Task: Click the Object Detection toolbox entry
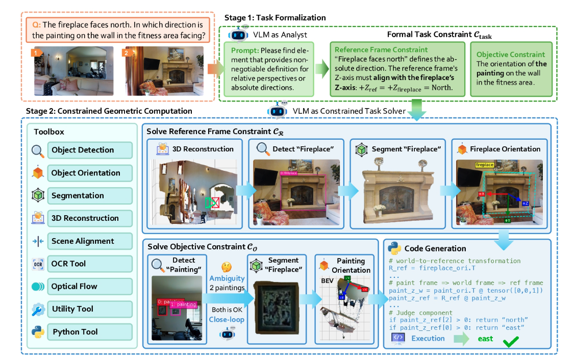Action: [82, 150]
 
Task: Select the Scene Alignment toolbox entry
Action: [82, 241]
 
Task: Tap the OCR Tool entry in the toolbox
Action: [68, 264]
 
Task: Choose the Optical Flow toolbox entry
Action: [74, 287]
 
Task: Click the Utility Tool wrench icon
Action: [38, 309]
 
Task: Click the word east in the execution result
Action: [485, 339]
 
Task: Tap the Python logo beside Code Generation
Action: [393, 248]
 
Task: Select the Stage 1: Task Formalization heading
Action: [268, 18]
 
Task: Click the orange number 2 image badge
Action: [126, 52]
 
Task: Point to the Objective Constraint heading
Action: [510, 55]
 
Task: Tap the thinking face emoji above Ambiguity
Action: [227, 268]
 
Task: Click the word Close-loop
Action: [226, 319]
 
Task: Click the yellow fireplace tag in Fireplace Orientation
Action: [484, 165]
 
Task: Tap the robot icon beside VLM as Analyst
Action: [238, 34]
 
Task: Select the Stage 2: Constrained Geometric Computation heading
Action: [109, 111]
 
